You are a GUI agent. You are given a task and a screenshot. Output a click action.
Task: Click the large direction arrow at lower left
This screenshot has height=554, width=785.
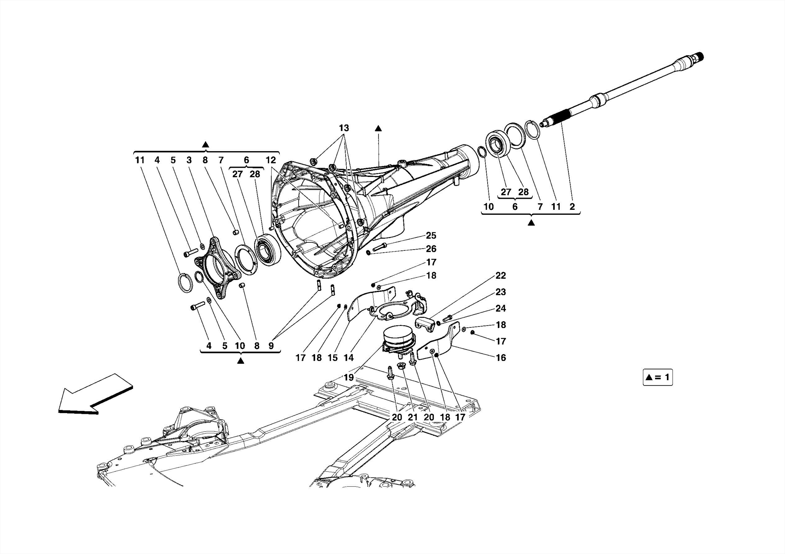pos(96,394)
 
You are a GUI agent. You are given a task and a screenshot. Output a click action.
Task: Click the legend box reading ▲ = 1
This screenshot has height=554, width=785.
pos(657,378)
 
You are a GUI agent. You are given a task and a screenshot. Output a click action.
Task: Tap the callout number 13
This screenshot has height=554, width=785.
pos(344,128)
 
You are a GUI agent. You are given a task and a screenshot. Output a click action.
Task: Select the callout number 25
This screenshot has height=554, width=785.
pos(431,235)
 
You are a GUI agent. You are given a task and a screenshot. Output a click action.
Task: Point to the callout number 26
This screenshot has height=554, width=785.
pos(431,249)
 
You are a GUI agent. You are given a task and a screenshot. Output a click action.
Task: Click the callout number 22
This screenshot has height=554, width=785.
pos(501,276)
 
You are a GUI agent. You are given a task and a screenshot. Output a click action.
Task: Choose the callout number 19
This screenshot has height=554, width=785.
pos(348,378)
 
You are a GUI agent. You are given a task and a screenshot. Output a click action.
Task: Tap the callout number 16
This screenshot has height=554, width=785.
pos(501,358)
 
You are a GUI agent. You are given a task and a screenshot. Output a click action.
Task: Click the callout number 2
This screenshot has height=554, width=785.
pos(572,207)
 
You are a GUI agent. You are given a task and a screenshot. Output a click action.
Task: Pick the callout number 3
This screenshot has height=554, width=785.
pos(189,160)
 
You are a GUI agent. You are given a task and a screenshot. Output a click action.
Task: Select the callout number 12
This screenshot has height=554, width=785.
pos(271,160)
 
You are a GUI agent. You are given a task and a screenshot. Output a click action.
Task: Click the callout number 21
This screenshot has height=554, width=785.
pos(412,417)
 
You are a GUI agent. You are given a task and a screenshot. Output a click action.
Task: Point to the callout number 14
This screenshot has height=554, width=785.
pos(348,358)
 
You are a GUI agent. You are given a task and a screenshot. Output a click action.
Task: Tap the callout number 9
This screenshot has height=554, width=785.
pos(271,346)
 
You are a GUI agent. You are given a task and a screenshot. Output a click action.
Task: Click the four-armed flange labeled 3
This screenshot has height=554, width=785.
pos(217,268)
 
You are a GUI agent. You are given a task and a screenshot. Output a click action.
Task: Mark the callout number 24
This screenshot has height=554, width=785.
pos(501,308)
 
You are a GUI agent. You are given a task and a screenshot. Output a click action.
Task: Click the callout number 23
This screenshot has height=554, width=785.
pos(501,292)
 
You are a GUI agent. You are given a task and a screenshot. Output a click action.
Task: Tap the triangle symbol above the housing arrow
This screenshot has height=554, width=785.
pos(378,128)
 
